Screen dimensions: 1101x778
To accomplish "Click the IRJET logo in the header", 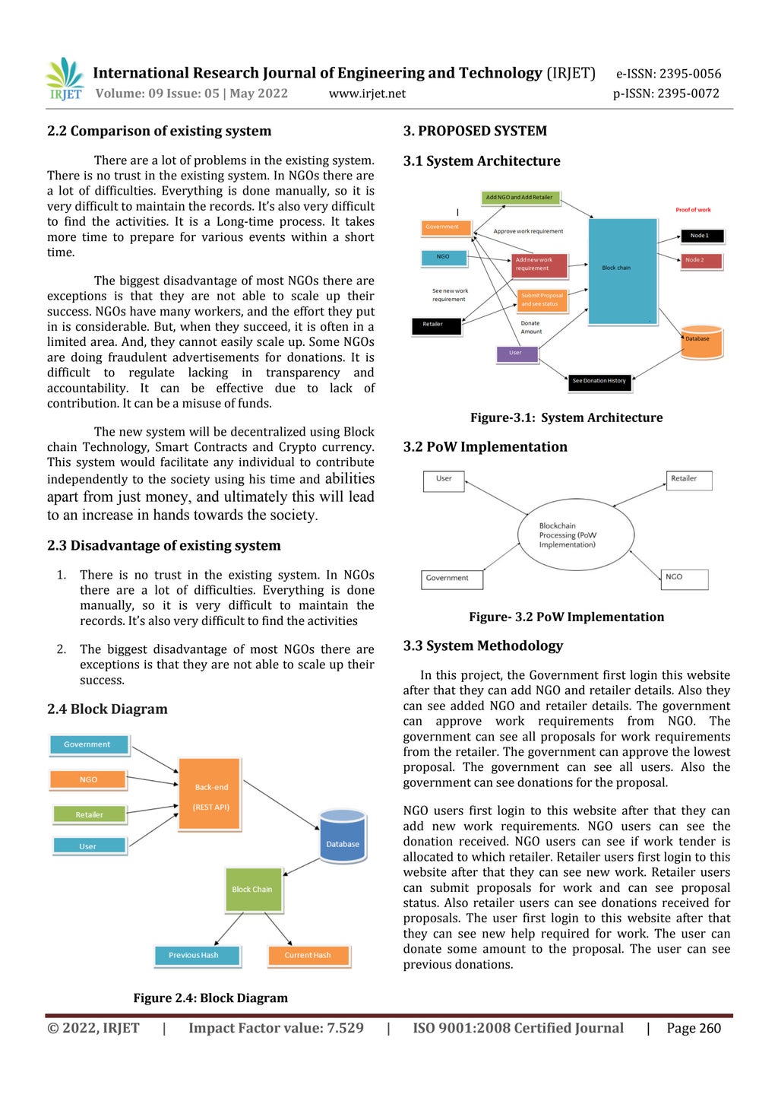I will (65, 79).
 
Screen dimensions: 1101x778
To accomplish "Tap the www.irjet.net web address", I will (367, 94).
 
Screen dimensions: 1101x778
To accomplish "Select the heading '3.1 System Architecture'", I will (482, 161).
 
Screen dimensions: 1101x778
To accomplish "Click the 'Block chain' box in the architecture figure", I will (622, 271).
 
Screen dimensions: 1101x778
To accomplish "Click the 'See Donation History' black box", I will (599, 381).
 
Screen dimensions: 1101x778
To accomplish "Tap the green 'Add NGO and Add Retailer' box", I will (520, 198).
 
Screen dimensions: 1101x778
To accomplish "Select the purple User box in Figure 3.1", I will (517, 353).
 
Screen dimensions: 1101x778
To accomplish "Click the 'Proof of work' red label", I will (693, 210).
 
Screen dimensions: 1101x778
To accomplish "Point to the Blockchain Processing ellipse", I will (575, 535).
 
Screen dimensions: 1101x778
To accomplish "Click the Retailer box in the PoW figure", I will (689, 479).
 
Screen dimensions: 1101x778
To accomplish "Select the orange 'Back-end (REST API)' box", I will (210, 794).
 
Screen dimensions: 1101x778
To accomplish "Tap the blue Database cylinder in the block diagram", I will (343, 836).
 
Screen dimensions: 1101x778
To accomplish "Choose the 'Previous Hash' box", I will (196, 955).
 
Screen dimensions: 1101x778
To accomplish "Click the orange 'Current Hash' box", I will (308, 955).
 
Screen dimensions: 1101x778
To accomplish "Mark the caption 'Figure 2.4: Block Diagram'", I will (210, 998).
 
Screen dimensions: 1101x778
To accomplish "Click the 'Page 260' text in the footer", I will (694, 1028).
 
